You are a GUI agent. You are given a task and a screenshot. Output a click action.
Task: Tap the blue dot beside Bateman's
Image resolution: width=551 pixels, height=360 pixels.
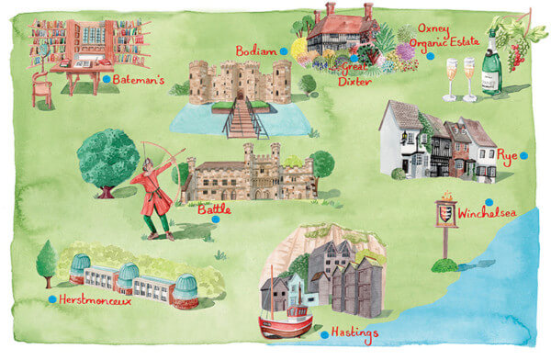tap(107, 80)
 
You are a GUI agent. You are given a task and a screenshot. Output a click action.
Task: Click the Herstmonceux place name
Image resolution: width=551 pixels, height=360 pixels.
tap(95, 300)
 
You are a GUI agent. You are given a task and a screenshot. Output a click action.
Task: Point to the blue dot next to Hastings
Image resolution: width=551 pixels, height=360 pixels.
tap(325, 335)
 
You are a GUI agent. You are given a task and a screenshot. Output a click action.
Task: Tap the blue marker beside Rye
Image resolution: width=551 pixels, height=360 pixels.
tap(523, 156)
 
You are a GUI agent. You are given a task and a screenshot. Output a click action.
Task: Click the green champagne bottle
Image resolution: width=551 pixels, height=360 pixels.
tap(491, 64)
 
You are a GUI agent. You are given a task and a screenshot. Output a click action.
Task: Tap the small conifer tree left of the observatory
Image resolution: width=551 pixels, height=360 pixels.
tap(45, 261)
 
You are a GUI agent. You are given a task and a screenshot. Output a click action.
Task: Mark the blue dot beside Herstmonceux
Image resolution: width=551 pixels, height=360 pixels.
tap(51, 299)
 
